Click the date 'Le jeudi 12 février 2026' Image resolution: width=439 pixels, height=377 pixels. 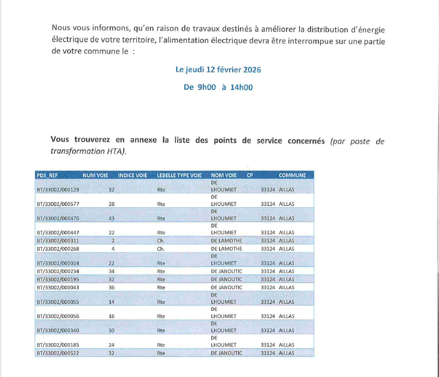[x=218, y=70]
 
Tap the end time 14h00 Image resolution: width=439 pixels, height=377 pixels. [x=241, y=87]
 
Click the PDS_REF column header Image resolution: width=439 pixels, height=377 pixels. [x=47, y=175]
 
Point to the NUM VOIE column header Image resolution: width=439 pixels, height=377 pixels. [x=95, y=175]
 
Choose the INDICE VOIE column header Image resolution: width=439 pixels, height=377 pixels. [x=133, y=175]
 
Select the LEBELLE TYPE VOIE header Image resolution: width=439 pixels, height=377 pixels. [x=180, y=175]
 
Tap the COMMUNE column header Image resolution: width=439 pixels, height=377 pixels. [x=292, y=175]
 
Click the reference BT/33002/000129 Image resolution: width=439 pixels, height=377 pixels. [x=58, y=189]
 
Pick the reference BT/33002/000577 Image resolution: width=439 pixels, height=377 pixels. [x=58, y=204]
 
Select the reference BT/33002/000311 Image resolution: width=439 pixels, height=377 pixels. [x=58, y=241]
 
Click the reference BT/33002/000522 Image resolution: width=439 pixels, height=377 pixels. [x=58, y=353]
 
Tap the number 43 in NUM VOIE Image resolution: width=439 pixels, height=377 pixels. [x=111, y=218]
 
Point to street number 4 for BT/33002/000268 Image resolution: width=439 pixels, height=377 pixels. [x=113, y=249]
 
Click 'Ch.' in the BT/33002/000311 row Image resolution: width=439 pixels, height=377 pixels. [x=161, y=241]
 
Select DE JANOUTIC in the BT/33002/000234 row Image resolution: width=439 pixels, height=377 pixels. [x=227, y=272]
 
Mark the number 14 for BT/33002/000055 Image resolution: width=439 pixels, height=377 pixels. [x=111, y=302]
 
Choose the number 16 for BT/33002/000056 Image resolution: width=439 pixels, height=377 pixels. [x=111, y=317]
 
